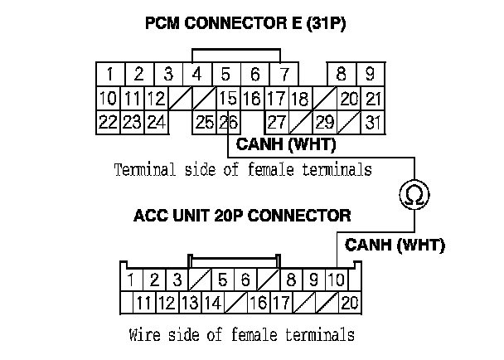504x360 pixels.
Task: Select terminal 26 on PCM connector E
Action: (230, 123)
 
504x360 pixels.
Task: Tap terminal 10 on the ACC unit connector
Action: (337, 280)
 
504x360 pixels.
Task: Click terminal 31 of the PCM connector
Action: (373, 123)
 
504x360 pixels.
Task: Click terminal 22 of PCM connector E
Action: (107, 123)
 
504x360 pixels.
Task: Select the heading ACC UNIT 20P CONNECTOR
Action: (241, 217)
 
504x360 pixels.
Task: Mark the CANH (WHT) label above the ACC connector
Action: (395, 245)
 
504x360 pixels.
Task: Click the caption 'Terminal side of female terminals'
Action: (241, 170)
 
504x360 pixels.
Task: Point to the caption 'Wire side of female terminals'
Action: (242, 336)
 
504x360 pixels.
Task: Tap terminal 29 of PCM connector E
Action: (324, 123)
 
